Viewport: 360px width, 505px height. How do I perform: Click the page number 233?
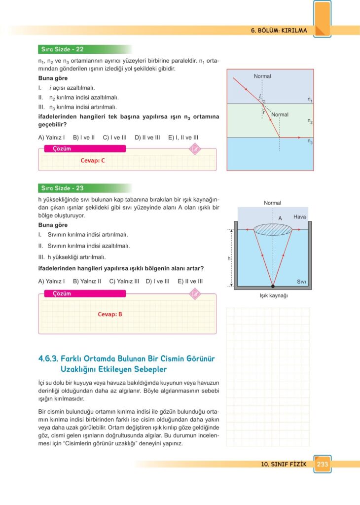pos(323,464)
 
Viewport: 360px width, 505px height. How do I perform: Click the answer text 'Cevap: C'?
pos(93,160)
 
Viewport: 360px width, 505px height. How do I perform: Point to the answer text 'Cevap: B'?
pos(110,314)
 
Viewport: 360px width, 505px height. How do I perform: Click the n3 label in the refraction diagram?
pos(310,142)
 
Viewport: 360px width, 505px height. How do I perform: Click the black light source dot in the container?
pos(273,286)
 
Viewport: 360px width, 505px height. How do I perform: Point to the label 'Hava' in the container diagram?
pos(300,217)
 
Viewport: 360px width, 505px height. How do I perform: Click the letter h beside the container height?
pos(229,258)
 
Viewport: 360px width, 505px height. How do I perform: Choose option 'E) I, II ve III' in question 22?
pos(183,138)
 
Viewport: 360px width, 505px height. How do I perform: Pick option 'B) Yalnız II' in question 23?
pos(87,281)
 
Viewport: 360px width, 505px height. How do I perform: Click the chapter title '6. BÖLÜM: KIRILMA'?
pos(279,31)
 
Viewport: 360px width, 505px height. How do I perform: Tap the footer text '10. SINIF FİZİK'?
pos(284,464)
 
